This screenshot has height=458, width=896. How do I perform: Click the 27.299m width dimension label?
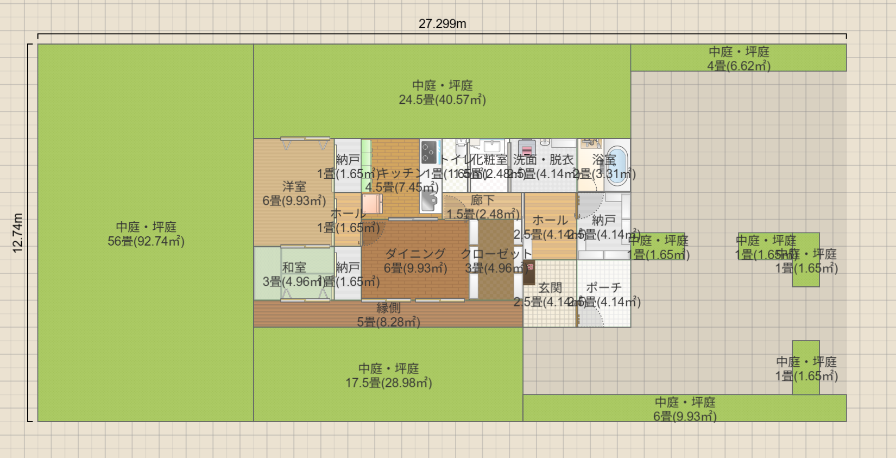(x=442, y=23)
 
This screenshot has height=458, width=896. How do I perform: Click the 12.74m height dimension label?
(x=17, y=233)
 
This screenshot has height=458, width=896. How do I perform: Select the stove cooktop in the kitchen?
(x=429, y=152)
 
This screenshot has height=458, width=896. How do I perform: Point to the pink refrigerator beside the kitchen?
(x=373, y=204)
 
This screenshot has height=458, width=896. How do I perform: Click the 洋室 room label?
(x=294, y=187)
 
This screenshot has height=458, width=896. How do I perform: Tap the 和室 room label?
(x=294, y=267)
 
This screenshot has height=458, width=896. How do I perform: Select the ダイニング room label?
(x=415, y=254)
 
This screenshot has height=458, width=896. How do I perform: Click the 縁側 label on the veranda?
(x=388, y=308)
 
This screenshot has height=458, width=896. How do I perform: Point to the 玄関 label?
(x=550, y=288)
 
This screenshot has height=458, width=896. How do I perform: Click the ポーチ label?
(x=603, y=288)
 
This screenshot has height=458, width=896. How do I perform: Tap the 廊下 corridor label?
(x=482, y=200)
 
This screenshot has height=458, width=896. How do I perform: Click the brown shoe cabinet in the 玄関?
(x=529, y=272)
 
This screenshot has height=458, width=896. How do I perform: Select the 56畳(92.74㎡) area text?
(x=146, y=241)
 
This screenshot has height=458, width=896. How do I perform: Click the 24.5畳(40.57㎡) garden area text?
(x=442, y=100)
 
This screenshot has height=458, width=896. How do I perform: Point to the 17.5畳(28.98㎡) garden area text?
(x=388, y=383)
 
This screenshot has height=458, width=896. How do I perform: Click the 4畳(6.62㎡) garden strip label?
(x=739, y=66)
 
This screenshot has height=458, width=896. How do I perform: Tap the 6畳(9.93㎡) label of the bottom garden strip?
(x=685, y=416)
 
